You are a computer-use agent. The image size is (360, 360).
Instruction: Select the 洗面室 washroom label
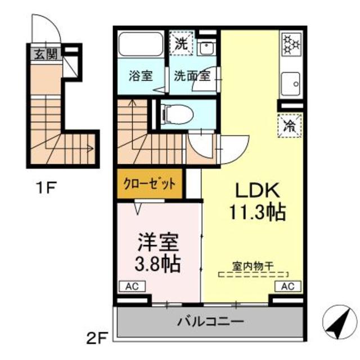191,76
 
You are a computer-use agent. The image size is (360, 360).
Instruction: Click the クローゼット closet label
150,184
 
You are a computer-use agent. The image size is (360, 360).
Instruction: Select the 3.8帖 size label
159,264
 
